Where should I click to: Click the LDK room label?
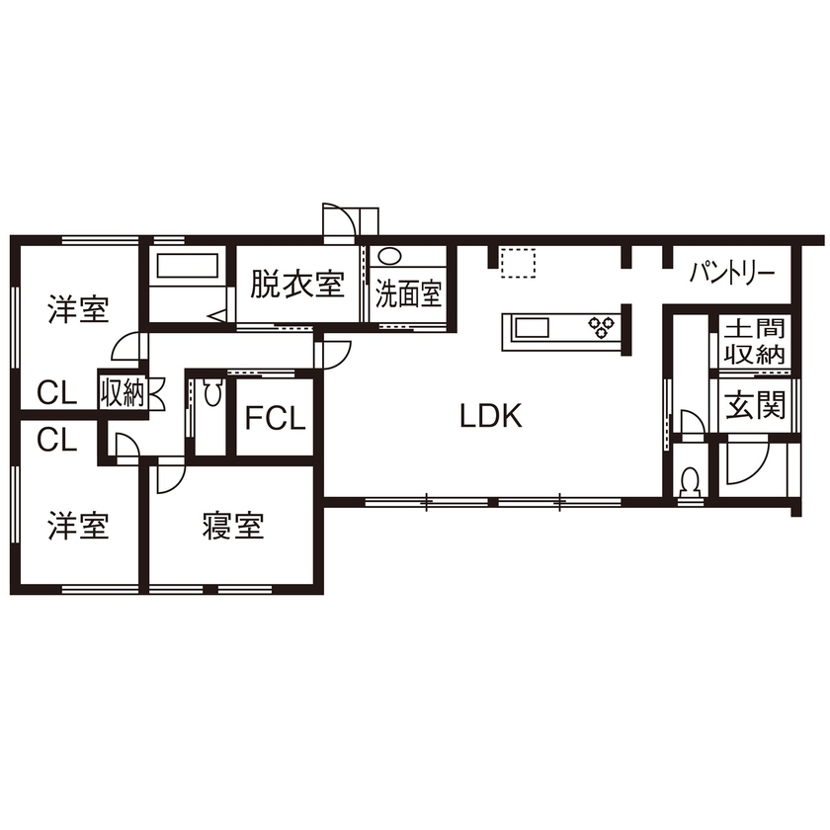pos(490,416)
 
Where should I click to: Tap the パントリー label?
pos(732,271)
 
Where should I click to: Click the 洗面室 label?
pos(407,294)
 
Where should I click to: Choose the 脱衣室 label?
pos(295,286)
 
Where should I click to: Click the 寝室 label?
pos(233,526)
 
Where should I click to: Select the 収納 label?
pos(122,393)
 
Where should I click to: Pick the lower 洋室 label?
pos(78,526)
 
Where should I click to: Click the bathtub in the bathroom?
pos(188,267)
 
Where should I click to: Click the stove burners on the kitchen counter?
pos(601,326)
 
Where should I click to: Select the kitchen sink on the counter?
pos(534,326)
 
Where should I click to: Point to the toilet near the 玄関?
pos(692,481)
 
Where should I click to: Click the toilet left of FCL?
pos(211,395)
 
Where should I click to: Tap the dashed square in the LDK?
pos(517,263)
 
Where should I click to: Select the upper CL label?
pos(57,393)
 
